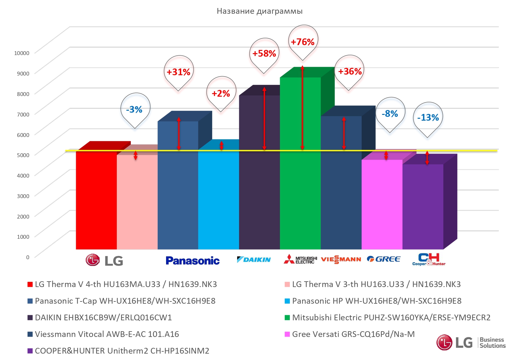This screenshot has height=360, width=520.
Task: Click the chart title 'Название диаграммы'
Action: point(260,11)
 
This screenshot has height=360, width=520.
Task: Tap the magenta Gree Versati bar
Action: point(382,205)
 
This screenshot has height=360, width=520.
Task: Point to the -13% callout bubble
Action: point(428,117)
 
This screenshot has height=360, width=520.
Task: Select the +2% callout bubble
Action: point(221,93)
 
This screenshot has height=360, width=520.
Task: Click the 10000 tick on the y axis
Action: point(22,53)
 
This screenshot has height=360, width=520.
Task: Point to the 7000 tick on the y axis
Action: point(23,114)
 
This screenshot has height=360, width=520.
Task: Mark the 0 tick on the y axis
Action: point(28,257)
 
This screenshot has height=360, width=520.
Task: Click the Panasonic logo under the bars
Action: point(193,260)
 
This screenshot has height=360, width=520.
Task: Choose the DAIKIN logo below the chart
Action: point(254,260)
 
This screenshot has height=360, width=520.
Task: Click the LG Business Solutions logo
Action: point(471,342)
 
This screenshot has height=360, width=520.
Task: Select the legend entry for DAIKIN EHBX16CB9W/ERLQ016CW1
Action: point(103,317)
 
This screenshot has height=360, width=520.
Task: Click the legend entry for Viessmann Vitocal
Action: point(107,334)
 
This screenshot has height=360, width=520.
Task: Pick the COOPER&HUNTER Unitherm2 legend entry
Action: point(122,351)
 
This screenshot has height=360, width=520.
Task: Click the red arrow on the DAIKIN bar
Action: point(264,118)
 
